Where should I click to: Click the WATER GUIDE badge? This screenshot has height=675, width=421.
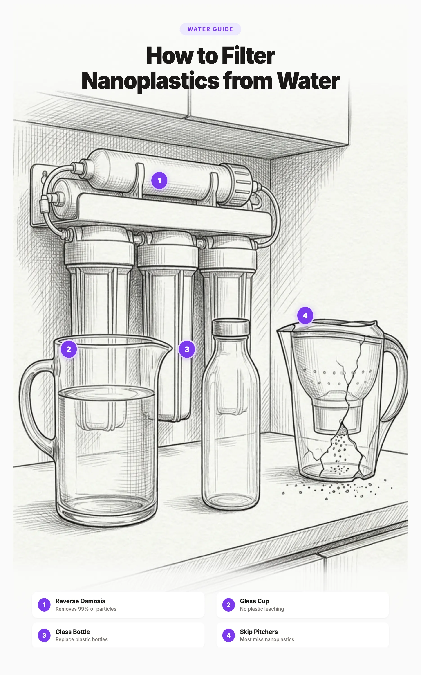pyautogui.click(x=210, y=29)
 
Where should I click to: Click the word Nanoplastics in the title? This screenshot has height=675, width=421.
pyautogui.click(x=150, y=81)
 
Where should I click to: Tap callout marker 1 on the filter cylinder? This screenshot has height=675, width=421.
pyautogui.click(x=159, y=180)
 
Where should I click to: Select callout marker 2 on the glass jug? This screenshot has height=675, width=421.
pyautogui.click(x=69, y=349)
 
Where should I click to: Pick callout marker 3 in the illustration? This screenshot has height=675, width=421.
pyautogui.click(x=187, y=349)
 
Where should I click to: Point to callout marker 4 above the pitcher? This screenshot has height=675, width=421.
pyautogui.click(x=305, y=315)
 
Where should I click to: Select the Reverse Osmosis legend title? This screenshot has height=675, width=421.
pyautogui.click(x=80, y=601)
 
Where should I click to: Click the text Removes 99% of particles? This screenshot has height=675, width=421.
pyautogui.click(x=86, y=609)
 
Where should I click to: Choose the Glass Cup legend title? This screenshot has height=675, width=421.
pyautogui.click(x=254, y=601)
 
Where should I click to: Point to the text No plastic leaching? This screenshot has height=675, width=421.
pyautogui.click(x=262, y=609)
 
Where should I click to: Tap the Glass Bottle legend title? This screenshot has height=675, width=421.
pyautogui.click(x=72, y=632)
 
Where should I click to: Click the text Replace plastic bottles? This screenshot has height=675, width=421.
pyautogui.click(x=81, y=639)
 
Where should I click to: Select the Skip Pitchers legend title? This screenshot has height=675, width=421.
pyautogui.click(x=259, y=632)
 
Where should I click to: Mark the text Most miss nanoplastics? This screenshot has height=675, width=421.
pyautogui.click(x=267, y=639)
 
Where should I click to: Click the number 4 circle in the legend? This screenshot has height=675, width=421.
pyautogui.click(x=228, y=635)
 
